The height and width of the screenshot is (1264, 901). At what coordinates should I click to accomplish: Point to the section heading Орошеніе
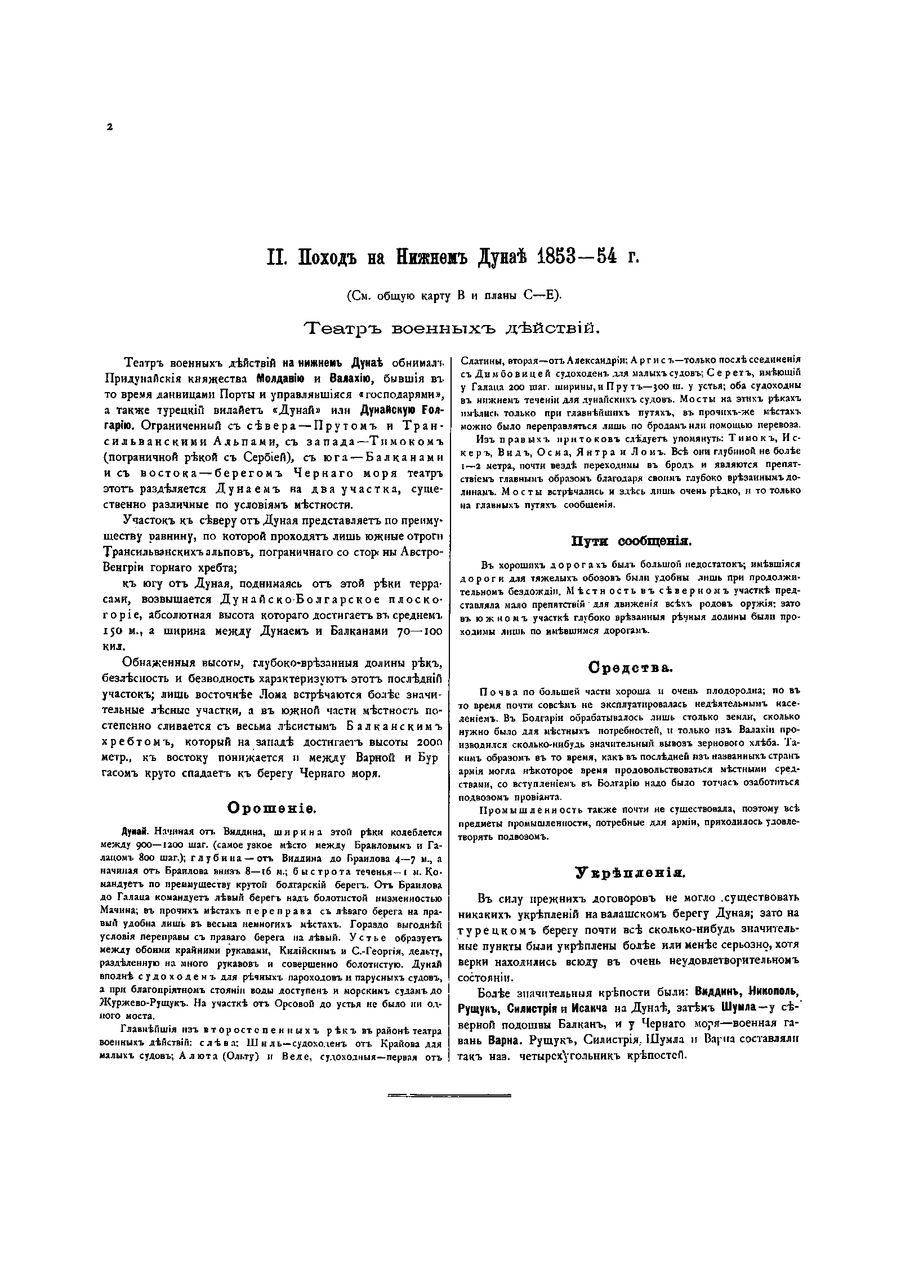pos(273,808)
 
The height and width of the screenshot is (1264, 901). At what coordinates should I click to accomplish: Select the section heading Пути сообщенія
pos(631,542)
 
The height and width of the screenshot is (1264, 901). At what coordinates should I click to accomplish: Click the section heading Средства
pos(631,668)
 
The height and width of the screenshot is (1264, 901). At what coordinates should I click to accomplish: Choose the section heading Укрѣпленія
pos(630,874)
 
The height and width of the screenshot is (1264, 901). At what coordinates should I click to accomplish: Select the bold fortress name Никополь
pos(775,991)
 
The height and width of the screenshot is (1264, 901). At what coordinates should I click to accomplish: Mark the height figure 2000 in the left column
pos(426,742)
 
